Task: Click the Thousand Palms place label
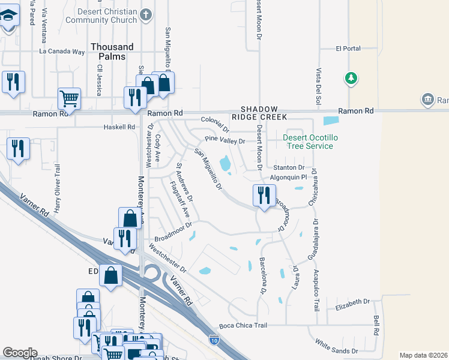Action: tap(112, 52)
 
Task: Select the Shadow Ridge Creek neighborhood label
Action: tap(259, 113)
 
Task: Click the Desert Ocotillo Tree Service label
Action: tap(310, 142)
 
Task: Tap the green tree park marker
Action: tap(351, 78)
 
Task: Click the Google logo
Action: tap(19, 353)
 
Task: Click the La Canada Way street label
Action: tap(62, 52)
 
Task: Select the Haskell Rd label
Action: tap(119, 127)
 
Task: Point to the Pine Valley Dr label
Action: tap(225, 140)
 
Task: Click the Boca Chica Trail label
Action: tap(243, 325)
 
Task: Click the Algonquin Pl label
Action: tap(289, 177)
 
